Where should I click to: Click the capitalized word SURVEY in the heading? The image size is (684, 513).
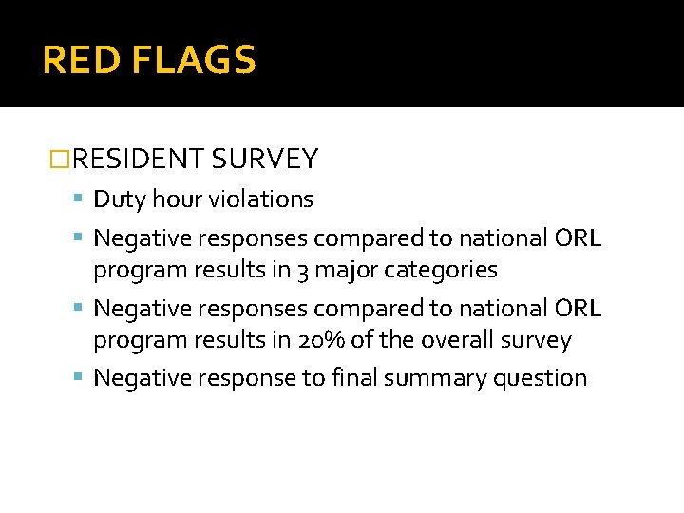tap(265, 159)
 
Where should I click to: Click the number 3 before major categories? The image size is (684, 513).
tap(301, 271)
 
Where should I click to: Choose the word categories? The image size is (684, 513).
tap(441, 271)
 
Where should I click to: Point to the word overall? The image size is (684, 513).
tap(450, 340)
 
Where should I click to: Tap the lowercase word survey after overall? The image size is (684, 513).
tap(537, 340)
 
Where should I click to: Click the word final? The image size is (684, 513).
tap(353, 378)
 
